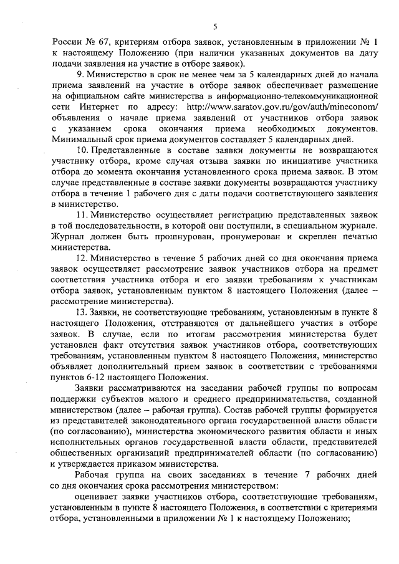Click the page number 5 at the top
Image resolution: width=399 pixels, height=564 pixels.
click(x=214, y=26)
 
